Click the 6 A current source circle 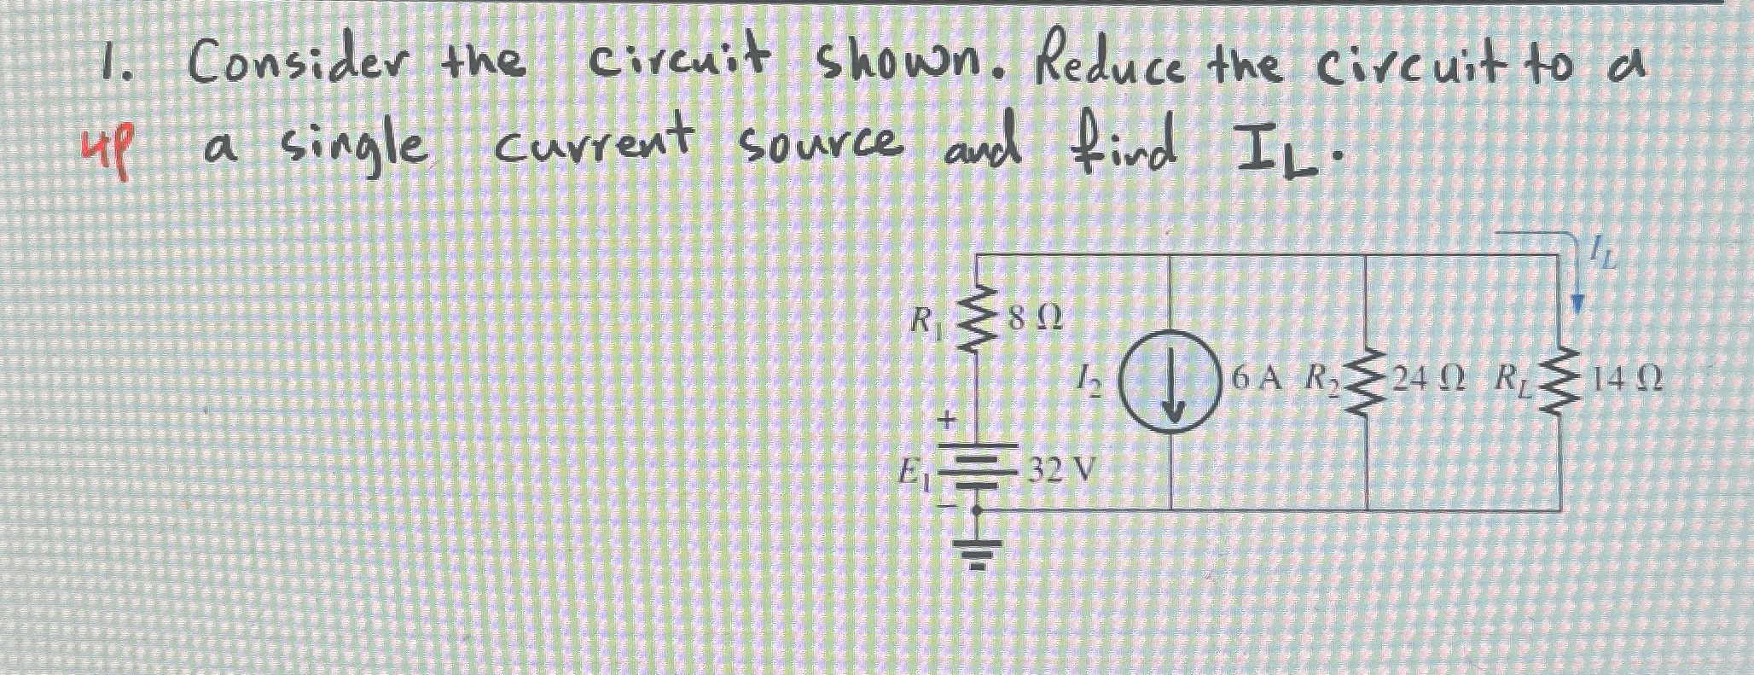[x=1169, y=389]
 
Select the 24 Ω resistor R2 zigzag [x=1367, y=388]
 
